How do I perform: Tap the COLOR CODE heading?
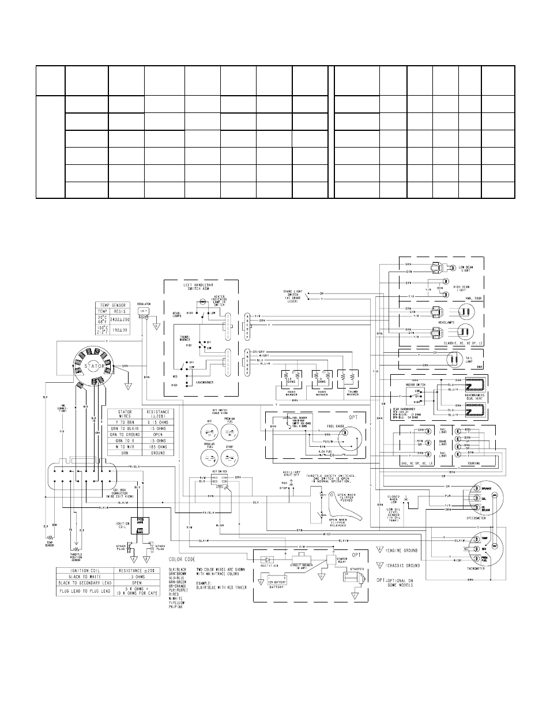coord(182,559)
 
